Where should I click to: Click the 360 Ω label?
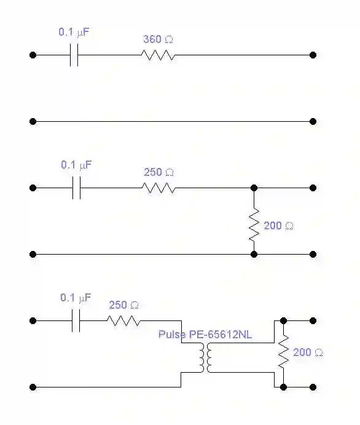tap(158, 39)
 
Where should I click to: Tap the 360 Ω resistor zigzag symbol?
tap(158, 55)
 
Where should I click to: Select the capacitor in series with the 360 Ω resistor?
tap(74, 55)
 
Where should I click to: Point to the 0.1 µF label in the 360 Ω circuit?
tap(74, 32)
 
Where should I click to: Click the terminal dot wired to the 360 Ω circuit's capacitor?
tap(33, 55)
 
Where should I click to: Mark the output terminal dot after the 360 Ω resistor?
tap(313, 55)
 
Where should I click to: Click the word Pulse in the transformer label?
tap(172, 335)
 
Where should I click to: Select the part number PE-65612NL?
tap(221, 335)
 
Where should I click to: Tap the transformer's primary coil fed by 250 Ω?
tap(202, 357)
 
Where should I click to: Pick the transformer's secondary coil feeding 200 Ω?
tap(209, 357)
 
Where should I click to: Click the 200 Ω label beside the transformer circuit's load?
tap(308, 352)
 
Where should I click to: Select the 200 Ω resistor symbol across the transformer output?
tap(283, 352)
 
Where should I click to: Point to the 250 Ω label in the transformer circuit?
tap(124, 305)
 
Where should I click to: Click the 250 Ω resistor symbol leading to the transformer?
tap(124, 320)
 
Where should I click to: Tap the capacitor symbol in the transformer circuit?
tap(76, 320)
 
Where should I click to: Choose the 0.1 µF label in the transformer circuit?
tap(76, 298)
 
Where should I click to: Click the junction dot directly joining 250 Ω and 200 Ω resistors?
tap(254, 188)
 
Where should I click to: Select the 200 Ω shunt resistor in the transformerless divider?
tap(254, 224)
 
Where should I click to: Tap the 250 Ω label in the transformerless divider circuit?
tap(158, 172)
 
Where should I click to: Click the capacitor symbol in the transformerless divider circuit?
tap(76, 188)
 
